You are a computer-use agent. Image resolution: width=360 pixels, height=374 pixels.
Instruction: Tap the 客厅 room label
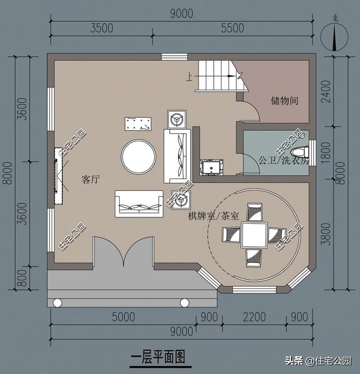[90, 180]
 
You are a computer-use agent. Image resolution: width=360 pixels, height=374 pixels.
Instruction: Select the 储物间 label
[283, 101]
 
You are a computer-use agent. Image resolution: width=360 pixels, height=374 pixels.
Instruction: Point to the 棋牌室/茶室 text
[213, 216]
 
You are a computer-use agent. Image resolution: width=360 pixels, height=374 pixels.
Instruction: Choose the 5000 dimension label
[122, 317]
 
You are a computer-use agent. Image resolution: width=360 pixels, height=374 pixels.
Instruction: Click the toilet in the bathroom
[300, 152]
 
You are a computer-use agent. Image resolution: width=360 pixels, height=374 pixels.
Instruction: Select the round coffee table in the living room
[139, 156]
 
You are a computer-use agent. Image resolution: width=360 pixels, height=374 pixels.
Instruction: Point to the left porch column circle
[57, 303]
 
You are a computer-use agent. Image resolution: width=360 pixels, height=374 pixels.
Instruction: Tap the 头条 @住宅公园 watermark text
[318, 360]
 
